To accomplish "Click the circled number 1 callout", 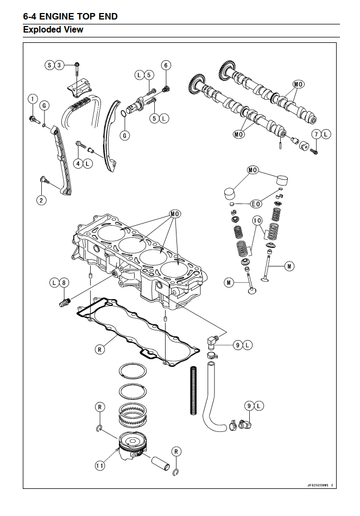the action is click(32, 99).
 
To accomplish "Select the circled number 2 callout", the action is click(41, 200).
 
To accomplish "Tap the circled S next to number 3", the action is click(49, 65).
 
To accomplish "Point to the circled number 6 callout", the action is click(166, 65).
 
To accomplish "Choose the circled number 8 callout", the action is click(64, 282).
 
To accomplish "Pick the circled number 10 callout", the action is click(257, 220).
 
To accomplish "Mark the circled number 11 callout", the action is click(100, 466).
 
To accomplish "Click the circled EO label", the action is click(256, 204).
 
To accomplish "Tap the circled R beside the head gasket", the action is click(100, 349).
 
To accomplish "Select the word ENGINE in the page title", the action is click(56, 16).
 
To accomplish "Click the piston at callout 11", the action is click(132, 445).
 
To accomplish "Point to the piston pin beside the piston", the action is click(160, 463).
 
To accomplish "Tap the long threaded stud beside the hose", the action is click(194, 390).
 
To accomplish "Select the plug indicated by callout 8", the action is click(64, 302).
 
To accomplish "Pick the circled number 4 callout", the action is click(78, 163).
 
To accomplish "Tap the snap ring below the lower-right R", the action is click(176, 472).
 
